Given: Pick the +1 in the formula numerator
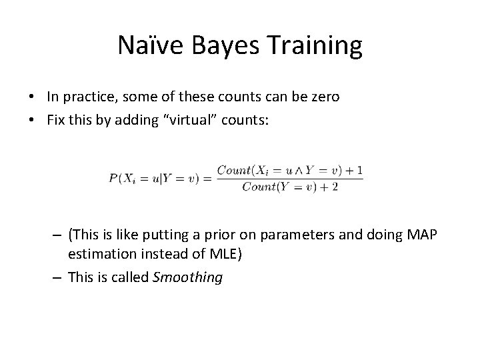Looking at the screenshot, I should click(x=356, y=171).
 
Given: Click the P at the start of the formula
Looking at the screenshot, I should click(x=113, y=179).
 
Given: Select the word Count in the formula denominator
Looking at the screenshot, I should click(x=257, y=187).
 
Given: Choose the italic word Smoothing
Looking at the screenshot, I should click(x=187, y=277).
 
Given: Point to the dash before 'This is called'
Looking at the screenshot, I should click(x=58, y=277).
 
